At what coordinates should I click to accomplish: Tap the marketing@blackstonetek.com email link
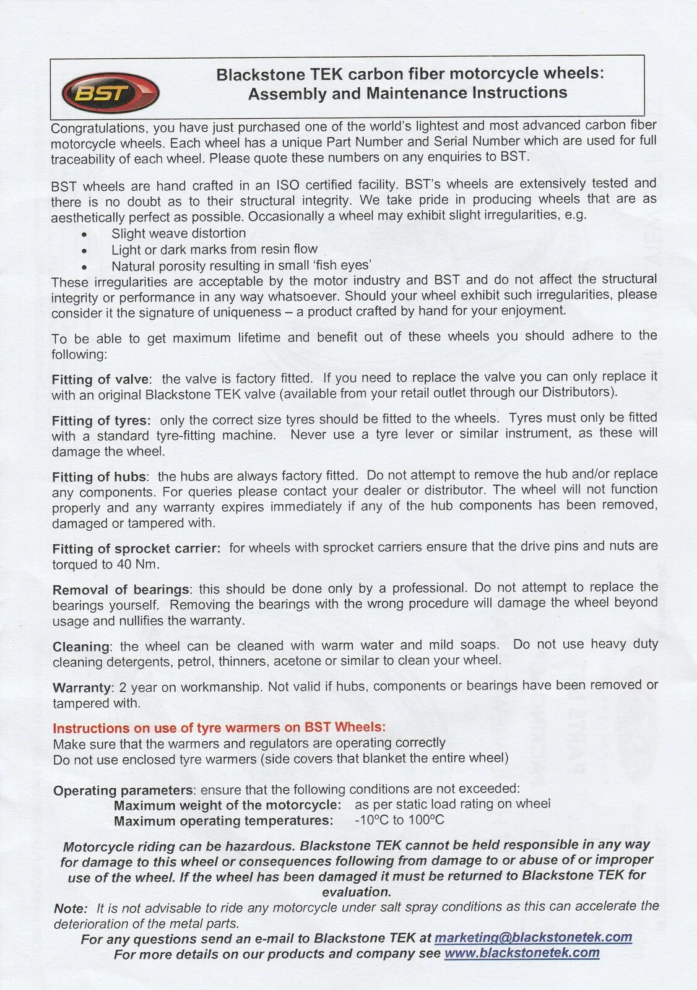pos(533,937)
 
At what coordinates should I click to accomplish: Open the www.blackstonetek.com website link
pos(522,953)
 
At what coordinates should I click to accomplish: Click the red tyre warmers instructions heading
pos(219,728)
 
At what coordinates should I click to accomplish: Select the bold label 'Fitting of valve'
pos(101,379)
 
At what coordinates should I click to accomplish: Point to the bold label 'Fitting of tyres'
pos(101,421)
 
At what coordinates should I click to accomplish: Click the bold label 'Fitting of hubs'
pos(100,477)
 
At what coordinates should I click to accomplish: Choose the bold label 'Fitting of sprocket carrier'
pos(136,549)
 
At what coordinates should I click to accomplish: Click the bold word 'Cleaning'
pos(81,647)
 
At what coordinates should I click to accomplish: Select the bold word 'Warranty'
pos(82,687)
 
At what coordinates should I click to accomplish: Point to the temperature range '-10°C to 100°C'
pos(399,820)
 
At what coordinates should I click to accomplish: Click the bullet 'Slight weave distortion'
pos(178,234)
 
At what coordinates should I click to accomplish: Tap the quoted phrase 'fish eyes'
pos(344,265)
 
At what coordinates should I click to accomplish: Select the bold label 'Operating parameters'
pos(123,791)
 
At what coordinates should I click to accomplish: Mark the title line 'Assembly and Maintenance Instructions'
pos(407,93)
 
